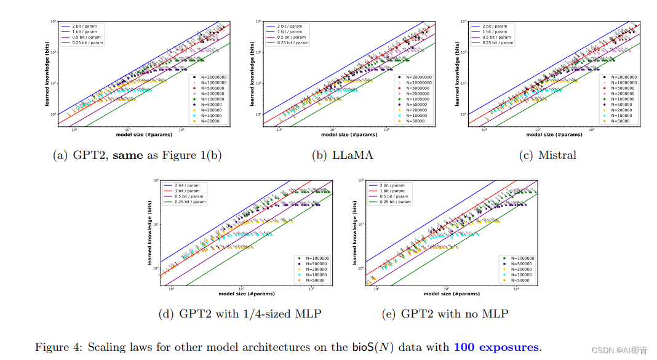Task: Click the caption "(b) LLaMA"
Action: [343, 155]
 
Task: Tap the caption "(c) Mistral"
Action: [548, 155]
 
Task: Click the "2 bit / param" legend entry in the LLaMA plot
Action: [289, 26]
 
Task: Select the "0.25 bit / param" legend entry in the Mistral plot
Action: [496, 43]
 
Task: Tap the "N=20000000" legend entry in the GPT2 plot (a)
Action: [213, 77]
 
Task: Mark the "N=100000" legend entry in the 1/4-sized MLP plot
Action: [315, 275]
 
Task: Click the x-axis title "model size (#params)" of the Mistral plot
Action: [553, 134]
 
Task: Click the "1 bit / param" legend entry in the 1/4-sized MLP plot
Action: [187, 191]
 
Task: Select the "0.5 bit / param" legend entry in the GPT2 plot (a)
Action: [85, 38]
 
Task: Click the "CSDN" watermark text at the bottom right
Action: [603, 350]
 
